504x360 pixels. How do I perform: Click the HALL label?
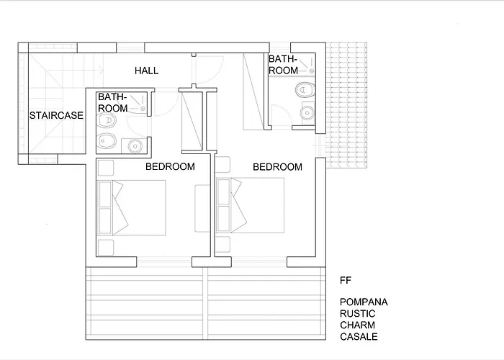tap(147, 71)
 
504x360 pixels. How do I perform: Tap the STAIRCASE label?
tap(56, 115)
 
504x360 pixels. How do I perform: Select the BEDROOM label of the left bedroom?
tap(170, 166)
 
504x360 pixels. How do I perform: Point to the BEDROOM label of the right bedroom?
tap(277, 167)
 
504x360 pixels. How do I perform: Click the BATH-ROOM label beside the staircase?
tap(112, 102)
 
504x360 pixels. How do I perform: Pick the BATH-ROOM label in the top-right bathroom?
tap(283, 65)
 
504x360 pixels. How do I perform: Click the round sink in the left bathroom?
tap(135, 146)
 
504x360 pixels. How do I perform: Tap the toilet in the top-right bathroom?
tap(305, 90)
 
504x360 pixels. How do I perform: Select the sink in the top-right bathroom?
tap(307, 113)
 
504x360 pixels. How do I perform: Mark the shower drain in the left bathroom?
tap(143, 109)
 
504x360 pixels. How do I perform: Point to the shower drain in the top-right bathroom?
tap(311, 71)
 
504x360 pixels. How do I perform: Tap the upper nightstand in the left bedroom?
tap(106, 168)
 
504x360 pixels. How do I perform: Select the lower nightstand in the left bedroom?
tap(106, 248)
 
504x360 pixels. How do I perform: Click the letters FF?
tap(346, 281)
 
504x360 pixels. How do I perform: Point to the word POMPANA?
tap(364, 302)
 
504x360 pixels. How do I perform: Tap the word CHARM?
tap(357, 325)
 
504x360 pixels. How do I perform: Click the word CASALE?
tap(359, 336)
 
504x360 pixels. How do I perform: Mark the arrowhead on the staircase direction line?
tap(102, 69)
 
